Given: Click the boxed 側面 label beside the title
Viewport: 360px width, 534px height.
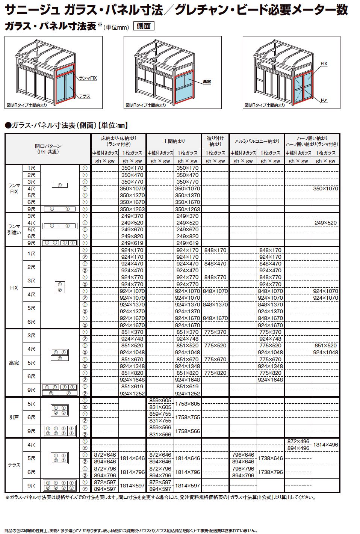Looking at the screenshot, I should coord(144,26).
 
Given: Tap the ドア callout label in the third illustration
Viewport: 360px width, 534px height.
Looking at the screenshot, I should coord(324,100).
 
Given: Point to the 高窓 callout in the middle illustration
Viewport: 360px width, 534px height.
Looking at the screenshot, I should coord(207,81).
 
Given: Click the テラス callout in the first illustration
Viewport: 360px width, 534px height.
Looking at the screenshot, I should coord(84,96).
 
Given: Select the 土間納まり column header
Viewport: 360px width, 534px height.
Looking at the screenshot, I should coord(174,141).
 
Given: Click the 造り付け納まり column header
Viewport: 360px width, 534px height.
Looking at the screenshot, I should coord(215,141).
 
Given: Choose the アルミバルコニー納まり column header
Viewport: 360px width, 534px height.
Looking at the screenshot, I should coord(257,141).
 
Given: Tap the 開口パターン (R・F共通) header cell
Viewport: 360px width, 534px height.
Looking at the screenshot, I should coord(48,149).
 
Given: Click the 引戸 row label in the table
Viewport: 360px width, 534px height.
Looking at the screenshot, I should coord(14,417).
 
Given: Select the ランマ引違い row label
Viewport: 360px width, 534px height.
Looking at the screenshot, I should coord(14,229).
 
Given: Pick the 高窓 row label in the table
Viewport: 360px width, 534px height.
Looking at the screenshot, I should coord(14,363).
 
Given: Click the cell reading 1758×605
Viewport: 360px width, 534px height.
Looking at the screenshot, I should coord(188,404).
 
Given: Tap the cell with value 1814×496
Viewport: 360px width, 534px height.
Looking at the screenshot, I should coord(325,445).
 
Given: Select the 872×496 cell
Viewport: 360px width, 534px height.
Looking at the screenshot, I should coord(298,441).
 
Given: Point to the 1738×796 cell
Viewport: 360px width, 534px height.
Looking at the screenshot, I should coord(270,472).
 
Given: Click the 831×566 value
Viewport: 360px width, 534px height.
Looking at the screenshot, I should coord(160,434).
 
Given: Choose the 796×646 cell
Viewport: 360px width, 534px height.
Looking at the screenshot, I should coord(243,455).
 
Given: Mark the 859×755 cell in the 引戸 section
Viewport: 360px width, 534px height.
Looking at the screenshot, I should coord(160,414).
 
